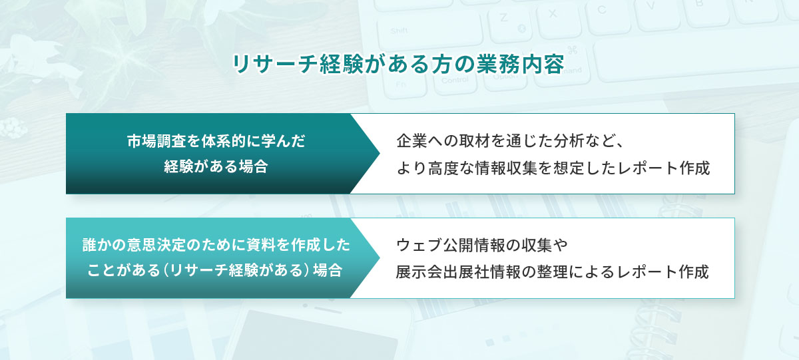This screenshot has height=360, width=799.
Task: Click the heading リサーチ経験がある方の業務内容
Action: [398, 64]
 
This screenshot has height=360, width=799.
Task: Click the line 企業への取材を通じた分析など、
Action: [509, 141]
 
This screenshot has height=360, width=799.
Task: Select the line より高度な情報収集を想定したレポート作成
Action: [553, 167]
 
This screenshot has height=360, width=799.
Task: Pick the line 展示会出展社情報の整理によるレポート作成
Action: [553, 271]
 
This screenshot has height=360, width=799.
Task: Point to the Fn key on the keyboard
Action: [401, 83]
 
